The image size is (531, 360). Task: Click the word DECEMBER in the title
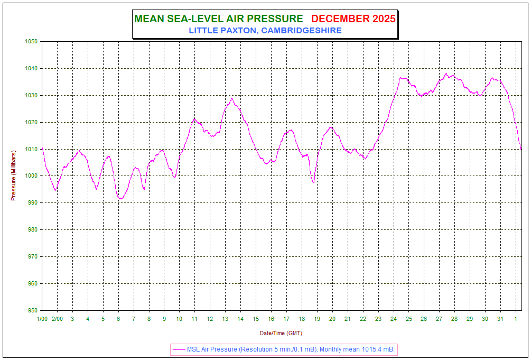click(340, 19)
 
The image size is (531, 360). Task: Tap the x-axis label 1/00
click(42, 319)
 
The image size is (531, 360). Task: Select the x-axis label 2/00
click(57, 319)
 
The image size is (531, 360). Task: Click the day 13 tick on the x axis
click(225, 319)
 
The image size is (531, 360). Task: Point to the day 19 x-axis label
click(317, 319)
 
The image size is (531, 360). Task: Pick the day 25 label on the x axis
click(409, 319)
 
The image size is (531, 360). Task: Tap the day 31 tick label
click(500, 319)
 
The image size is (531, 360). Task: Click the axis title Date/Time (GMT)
click(281, 333)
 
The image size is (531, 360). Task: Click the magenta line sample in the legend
click(179, 349)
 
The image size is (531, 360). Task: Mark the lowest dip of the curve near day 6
click(120, 199)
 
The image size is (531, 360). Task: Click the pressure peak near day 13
click(231, 98)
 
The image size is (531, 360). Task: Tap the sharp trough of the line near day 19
click(314, 183)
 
